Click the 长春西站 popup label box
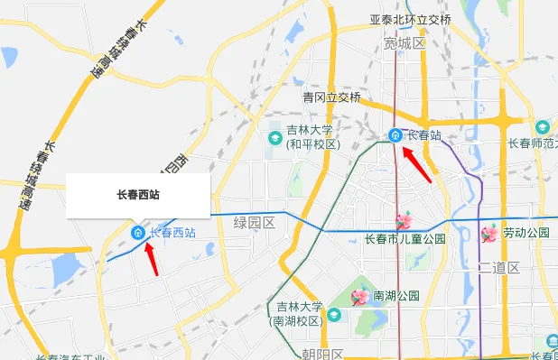(x=138, y=194)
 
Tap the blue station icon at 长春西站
(x=137, y=233)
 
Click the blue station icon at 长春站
(x=395, y=135)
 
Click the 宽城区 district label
(x=404, y=42)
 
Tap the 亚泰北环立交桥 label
(x=411, y=19)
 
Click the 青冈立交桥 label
(x=331, y=97)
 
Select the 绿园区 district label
(x=254, y=222)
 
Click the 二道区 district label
(x=499, y=268)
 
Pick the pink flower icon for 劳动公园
(x=489, y=234)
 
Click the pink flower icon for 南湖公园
(x=361, y=297)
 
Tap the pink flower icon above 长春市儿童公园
(x=404, y=220)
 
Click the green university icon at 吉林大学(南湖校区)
(x=333, y=314)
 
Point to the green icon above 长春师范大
(x=542, y=127)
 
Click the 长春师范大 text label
(x=532, y=143)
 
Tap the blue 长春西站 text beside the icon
(x=172, y=232)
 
